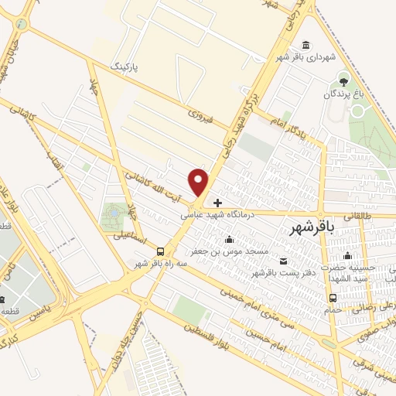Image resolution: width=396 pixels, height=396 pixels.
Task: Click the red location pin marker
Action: [x=200, y=183]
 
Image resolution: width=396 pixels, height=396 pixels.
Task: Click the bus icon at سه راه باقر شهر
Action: [x=160, y=251]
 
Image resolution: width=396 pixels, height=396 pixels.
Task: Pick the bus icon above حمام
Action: [x=333, y=298]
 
